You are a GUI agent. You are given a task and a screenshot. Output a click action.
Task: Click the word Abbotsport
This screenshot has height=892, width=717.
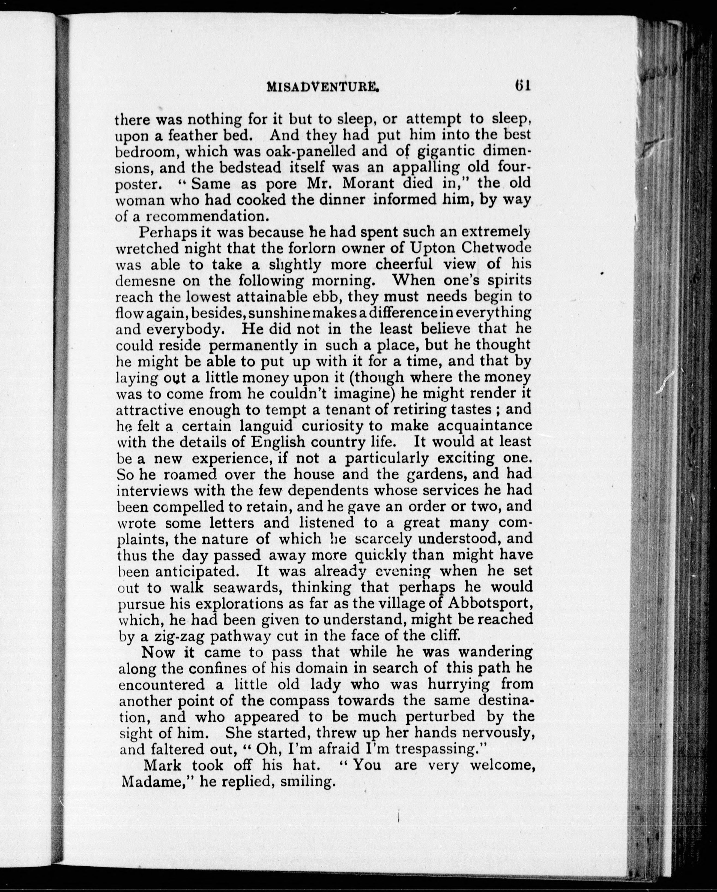(x=489, y=604)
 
